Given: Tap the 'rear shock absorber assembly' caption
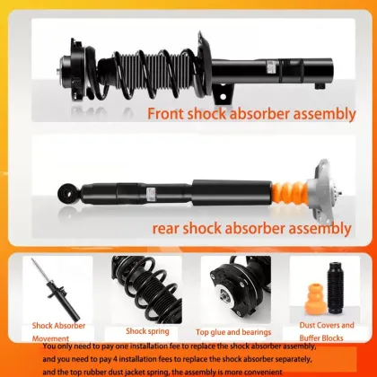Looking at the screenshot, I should (x=251, y=228).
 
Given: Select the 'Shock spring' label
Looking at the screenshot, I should (x=148, y=330).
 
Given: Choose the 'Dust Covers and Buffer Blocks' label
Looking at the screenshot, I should (x=326, y=330).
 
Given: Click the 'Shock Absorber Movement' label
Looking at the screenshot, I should (x=58, y=331).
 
